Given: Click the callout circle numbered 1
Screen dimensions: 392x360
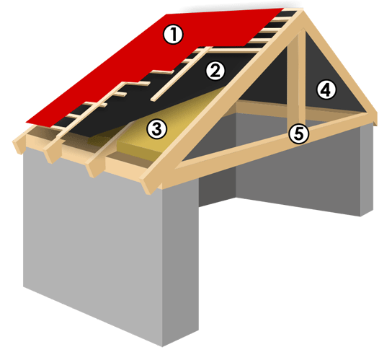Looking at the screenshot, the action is pyautogui.click(x=173, y=35).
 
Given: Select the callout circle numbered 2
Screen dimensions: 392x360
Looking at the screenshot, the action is pyautogui.click(x=215, y=71).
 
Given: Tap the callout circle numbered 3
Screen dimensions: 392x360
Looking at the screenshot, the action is pyautogui.click(x=157, y=129).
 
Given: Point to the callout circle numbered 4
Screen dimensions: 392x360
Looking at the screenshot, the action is pyautogui.click(x=326, y=89).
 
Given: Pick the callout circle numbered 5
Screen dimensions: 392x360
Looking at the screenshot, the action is pyautogui.click(x=299, y=134).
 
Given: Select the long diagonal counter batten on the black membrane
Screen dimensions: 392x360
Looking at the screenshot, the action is pyautogui.click(x=182, y=74).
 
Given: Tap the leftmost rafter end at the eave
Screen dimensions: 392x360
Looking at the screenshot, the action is pyautogui.click(x=19, y=145).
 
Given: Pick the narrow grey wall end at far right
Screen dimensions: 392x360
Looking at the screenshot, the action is pyautogui.click(x=367, y=170).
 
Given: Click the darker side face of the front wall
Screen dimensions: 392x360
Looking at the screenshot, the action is pyautogui.click(x=180, y=260).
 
